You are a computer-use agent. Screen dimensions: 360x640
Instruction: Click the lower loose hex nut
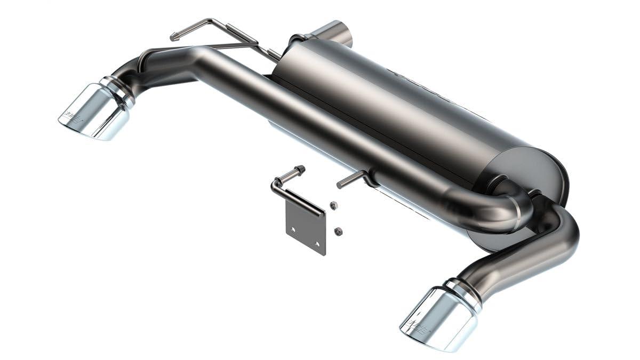point(338,230)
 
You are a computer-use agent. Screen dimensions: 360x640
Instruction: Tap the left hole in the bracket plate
point(293,230)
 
